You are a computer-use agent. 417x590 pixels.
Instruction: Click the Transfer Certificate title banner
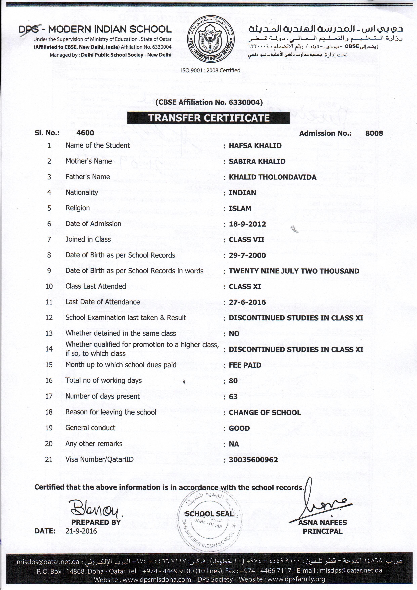tap(209, 118)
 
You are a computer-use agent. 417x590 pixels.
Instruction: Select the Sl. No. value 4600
tap(85, 133)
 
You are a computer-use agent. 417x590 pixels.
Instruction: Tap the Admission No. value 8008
tap(374, 133)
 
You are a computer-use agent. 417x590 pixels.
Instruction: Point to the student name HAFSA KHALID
tap(255, 146)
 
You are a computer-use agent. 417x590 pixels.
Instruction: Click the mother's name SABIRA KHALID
tap(257, 161)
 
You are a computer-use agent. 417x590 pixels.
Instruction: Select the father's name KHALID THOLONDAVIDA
tap(272, 177)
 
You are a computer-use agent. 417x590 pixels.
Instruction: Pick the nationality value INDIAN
tap(242, 193)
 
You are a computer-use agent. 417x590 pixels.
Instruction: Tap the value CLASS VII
tap(247, 240)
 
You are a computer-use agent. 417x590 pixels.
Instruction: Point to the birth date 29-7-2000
tap(247, 255)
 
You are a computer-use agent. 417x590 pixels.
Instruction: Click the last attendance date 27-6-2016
tap(247, 302)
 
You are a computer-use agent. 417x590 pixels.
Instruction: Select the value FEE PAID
tap(245, 365)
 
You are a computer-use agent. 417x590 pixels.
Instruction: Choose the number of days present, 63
tap(233, 397)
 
